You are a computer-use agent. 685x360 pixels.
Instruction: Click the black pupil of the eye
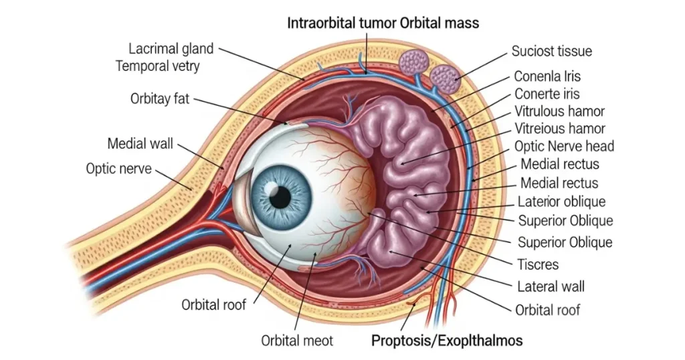(x=282, y=196)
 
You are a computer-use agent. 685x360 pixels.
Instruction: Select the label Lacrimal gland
(x=171, y=49)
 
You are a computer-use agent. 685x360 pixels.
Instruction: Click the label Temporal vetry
(x=158, y=66)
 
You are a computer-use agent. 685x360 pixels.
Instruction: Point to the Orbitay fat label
(x=160, y=99)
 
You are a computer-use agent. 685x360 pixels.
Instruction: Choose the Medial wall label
(x=140, y=143)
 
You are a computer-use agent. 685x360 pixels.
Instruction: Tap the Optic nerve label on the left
(x=118, y=168)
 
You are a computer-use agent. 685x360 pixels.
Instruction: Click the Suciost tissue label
(x=551, y=51)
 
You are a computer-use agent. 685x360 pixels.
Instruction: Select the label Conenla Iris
(x=547, y=76)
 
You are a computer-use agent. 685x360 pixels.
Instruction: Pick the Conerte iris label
(x=547, y=94)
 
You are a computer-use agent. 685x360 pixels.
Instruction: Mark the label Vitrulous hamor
(x=559, y=111)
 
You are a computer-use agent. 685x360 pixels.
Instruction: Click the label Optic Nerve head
(x=564, y=146)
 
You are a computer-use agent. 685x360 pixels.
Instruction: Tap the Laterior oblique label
(x=562, y=201)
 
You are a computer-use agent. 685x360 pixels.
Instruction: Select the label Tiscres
(x=538, y=264)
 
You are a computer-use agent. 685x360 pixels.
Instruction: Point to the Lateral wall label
(x=551, y=287)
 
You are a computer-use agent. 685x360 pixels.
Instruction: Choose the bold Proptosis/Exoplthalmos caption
(x=447, y=340)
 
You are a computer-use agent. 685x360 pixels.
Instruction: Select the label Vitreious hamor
(x=560, y=128)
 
